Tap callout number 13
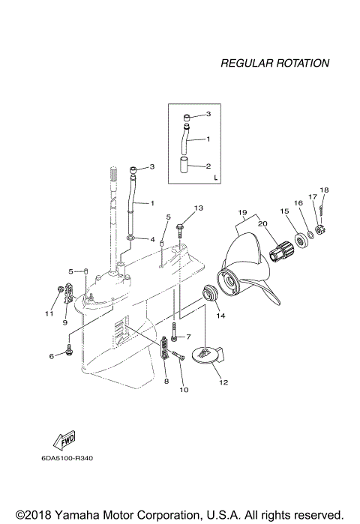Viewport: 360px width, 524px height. (x=199, y=207)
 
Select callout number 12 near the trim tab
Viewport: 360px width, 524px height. (x=223, y=382)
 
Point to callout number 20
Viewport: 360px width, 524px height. (x=262, y=223)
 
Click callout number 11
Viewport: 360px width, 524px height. (x=49, y=313)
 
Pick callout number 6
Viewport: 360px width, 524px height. (x=52, y=356)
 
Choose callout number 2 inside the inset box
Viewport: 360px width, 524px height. (x=208, y=166)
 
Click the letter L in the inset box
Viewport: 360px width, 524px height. (x=215, y=179)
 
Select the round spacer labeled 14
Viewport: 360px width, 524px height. (x=210, y=293)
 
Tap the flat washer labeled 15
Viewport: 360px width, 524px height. (x=304, y=239)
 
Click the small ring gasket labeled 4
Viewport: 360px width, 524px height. (x=130, y=240)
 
